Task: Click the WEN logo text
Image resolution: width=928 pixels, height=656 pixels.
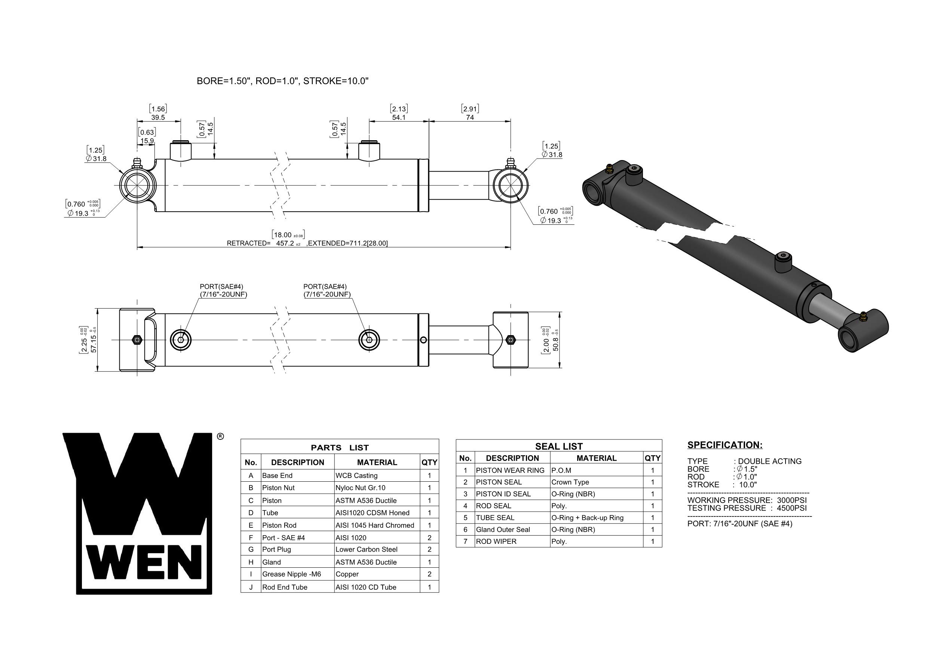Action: pyautogui.click(x=144, y=562)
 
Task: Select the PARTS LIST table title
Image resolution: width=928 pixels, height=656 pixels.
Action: pyautogui.click(x=340, y=447)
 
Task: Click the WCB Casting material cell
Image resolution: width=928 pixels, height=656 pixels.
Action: pyautogui.click(x=356, y=476)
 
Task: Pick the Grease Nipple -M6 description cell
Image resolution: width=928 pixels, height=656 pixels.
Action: pyautogui.click(x=291, y=574)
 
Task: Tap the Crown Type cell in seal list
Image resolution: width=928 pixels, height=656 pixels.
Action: pyautogui.click(x=570, y=482)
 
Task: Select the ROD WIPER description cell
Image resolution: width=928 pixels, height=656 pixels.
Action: pyautogui.click(x=496, y=542)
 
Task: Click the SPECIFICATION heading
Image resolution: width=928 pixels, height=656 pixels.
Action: pyautogui.click(x=725, y=445)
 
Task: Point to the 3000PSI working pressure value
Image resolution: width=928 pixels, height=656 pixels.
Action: pyautogui.click(x=791, y=500)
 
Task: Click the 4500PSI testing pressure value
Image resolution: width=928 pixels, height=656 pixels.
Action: pyautogui.click(x=791, y=508)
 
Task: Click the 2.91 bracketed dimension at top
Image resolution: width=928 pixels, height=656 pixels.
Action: pyautogui.click(x=470, y=109)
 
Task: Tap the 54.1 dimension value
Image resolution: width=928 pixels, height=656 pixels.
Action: pyautogui.click(x=398, y=117)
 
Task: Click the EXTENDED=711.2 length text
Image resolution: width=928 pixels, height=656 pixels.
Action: pyautogui.click(x=347, y=243)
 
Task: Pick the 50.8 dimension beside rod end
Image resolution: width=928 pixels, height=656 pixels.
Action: pyautogui.click(x=556, y=340)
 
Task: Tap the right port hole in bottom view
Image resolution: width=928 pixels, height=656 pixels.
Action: pyautogui.click(x=369, y=340)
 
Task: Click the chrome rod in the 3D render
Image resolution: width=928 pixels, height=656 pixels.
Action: pyautogui.click(x=827, y=310)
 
